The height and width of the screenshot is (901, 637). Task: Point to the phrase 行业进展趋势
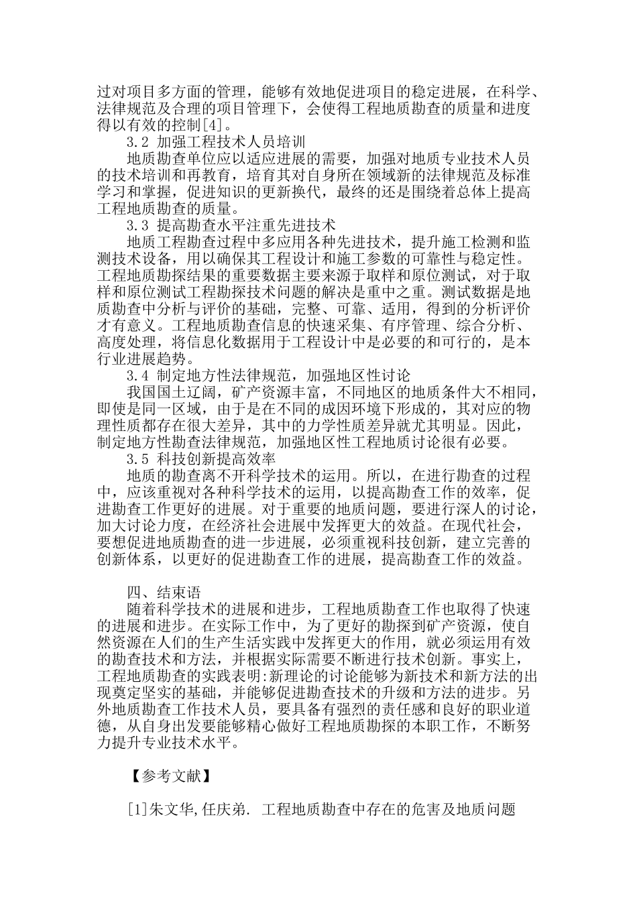pos(141,358)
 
